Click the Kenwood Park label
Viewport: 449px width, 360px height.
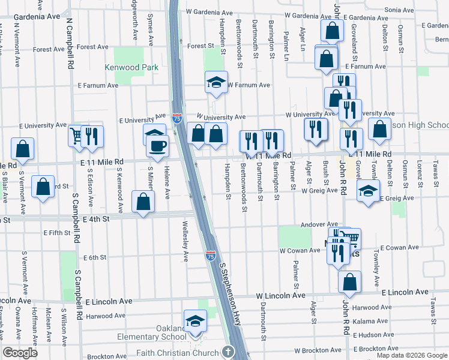[132, 68]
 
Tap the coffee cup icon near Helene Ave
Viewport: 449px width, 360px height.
[157, 146]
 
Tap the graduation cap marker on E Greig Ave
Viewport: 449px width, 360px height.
[368, 192]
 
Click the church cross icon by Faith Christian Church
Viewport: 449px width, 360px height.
[228, 352]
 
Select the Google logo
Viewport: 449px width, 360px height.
[20, 353]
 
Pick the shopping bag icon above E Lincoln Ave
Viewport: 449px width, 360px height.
[349, 281]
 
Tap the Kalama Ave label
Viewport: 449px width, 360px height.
[370, 322]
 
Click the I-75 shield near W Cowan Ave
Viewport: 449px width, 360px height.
[210, 256]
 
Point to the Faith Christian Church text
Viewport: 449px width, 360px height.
[178, 352]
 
